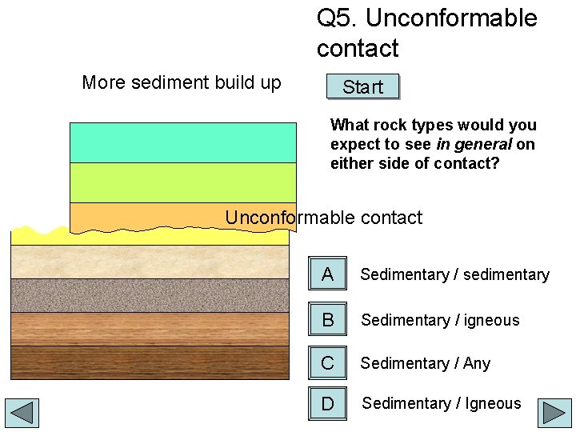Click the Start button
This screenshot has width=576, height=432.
(x=362, y=87)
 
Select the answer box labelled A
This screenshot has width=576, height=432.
(x=327, y=274)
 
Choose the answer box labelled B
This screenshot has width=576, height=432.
(x=327, y=319)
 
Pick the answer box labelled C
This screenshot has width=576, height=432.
(x=327, y=362)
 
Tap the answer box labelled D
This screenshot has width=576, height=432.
(x=327, y=403)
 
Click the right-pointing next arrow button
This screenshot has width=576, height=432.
(x=554, y=413)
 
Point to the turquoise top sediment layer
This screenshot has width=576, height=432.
(x=183, y=142)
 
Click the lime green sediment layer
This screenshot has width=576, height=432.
(x=183, y=182)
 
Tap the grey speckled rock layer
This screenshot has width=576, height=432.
(x=150, y=294)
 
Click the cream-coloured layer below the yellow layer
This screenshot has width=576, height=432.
(x=150, y=262)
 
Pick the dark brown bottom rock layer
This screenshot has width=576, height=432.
(x=150, y=362)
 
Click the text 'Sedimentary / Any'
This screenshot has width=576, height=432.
(x=425, y=363)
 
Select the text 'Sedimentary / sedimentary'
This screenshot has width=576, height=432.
(x=454, y=275)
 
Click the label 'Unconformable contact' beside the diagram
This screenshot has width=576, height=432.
(x=323, y=218)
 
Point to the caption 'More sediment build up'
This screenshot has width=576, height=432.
(x=182, y=82)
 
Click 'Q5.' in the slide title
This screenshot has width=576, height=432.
(x=337, y=18)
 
